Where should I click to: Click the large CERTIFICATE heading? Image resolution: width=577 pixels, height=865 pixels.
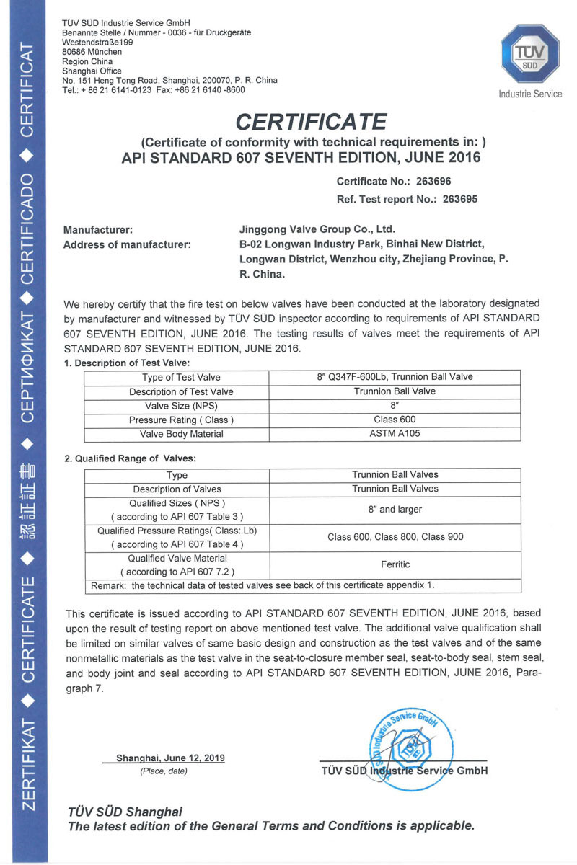tap(312, 120)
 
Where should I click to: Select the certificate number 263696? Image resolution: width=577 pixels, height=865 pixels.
tap(430, 182)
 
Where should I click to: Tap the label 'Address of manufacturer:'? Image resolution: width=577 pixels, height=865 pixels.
tap(127, 244)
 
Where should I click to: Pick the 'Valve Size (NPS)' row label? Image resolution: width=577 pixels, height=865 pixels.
tap(177, 406)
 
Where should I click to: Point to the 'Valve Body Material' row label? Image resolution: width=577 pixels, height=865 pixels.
tap(177, 434)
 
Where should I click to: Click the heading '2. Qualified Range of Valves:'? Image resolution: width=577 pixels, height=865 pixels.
tap(130, 458)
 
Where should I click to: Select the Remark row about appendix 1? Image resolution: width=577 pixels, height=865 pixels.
tap(263, 585)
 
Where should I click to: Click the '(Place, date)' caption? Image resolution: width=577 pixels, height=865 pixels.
tap(163, 771)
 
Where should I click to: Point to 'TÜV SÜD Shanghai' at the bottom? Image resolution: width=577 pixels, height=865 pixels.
tap(125, 812)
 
